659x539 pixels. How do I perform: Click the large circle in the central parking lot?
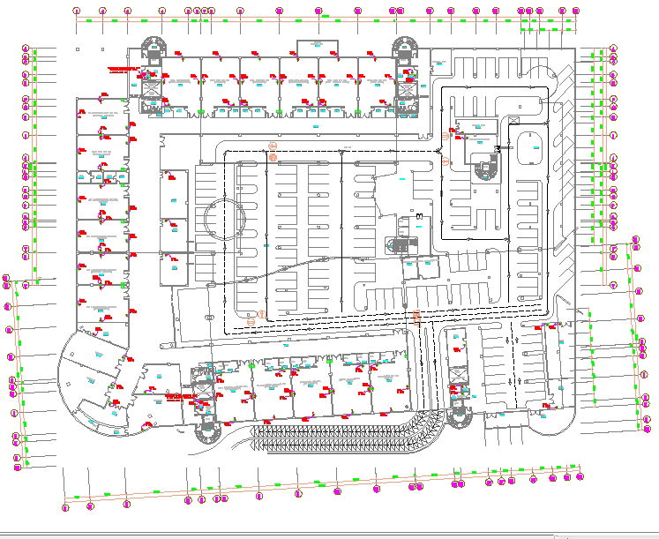(225, 217)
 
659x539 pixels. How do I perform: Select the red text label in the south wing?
(180, 397)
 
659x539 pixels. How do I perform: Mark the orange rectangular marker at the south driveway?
(417, 316)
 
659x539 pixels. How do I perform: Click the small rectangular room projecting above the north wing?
(315, 46)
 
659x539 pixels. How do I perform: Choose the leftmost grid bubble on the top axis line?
(78, 11)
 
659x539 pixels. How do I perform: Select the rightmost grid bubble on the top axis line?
(565, 11)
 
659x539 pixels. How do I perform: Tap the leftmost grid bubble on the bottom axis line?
(65, 508)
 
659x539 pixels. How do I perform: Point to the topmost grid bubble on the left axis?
(25, 48)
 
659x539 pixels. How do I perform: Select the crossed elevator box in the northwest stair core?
(149, 89)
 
